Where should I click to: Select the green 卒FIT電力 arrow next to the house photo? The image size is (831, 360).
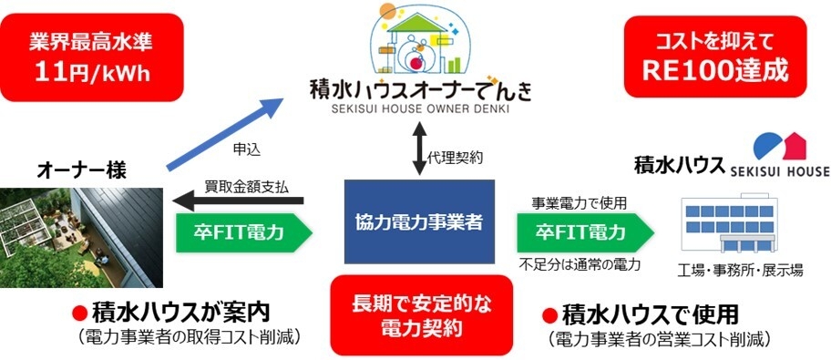pos(241,232)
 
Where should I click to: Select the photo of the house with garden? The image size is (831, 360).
pos(81,236)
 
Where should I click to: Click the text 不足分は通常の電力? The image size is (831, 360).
pos(580,264)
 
